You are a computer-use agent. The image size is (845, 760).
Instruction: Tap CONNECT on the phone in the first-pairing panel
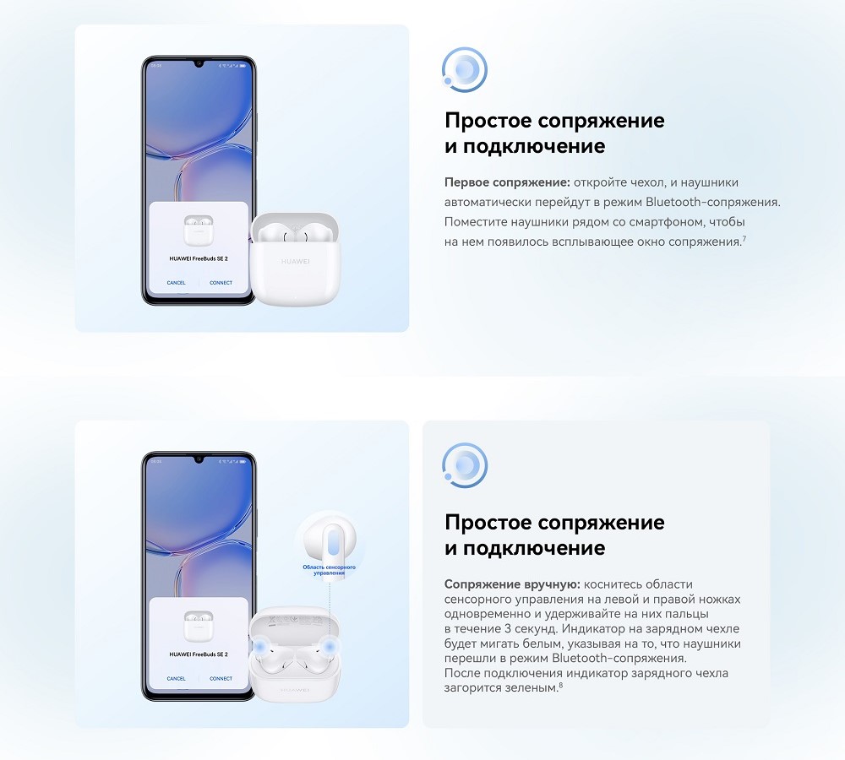click(221, 283)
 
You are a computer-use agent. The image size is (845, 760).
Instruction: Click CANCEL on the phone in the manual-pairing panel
click(176, 678)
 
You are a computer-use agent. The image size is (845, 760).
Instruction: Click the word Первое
click(466, 182)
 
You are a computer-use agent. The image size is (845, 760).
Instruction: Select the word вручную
click(550, 584)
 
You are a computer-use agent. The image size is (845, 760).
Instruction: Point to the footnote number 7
click(743, 240)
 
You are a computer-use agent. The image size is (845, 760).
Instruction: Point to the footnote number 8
click(560, 685)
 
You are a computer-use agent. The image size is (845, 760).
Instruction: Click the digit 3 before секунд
click(504, 629)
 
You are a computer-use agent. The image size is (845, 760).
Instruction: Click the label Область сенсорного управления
click(329, 570)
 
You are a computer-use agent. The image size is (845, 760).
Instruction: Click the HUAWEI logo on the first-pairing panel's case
click(295, 262)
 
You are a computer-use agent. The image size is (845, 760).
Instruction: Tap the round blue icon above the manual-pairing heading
click(465, 464)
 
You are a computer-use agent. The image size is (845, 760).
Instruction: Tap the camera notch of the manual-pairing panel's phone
click(199, 460)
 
